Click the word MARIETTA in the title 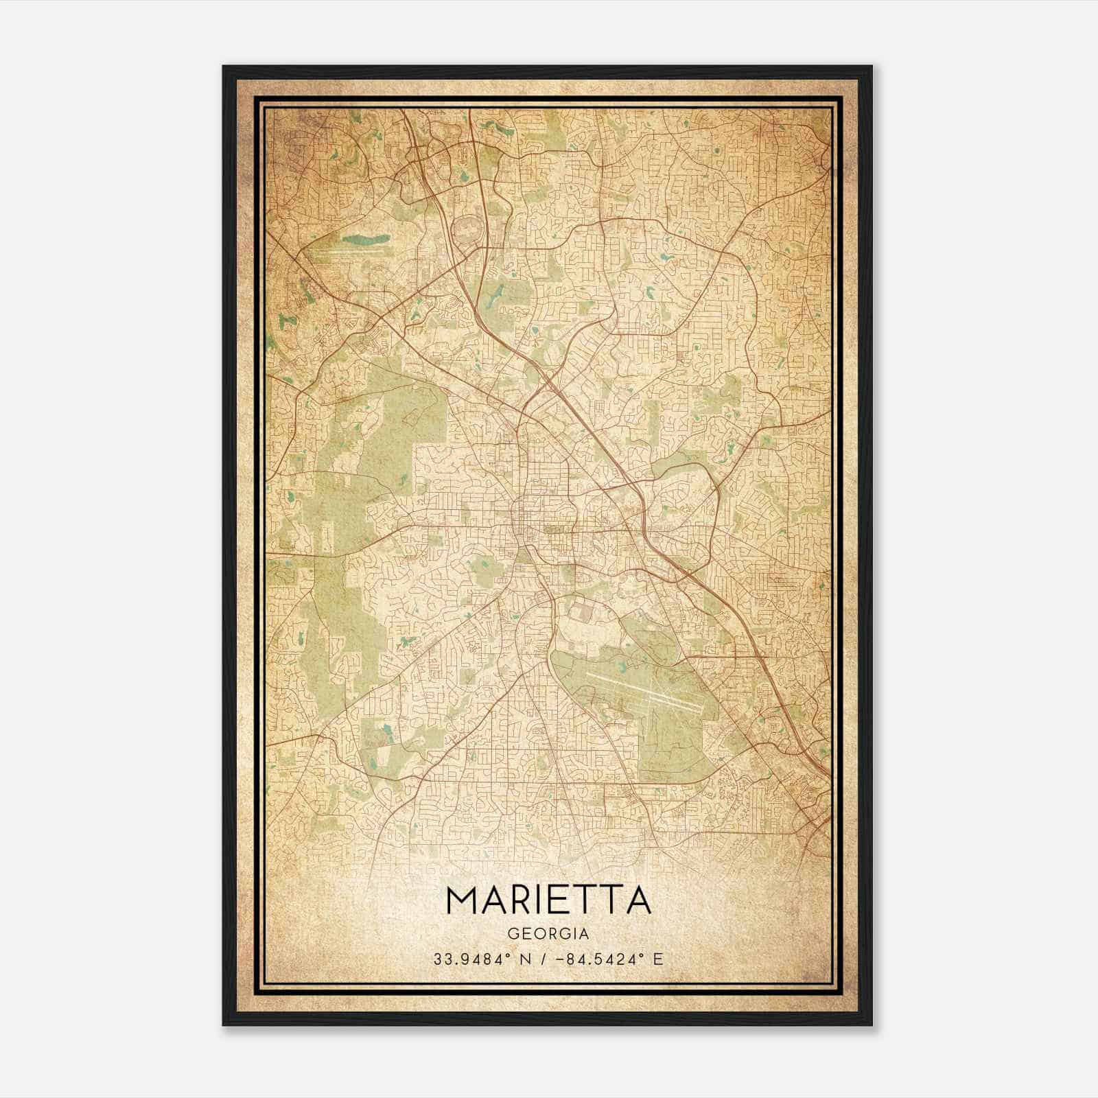point(548,900)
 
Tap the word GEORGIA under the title point(548,934)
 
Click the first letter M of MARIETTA point(462,900)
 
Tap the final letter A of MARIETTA point(638,900)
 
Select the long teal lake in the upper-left point(365,240)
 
